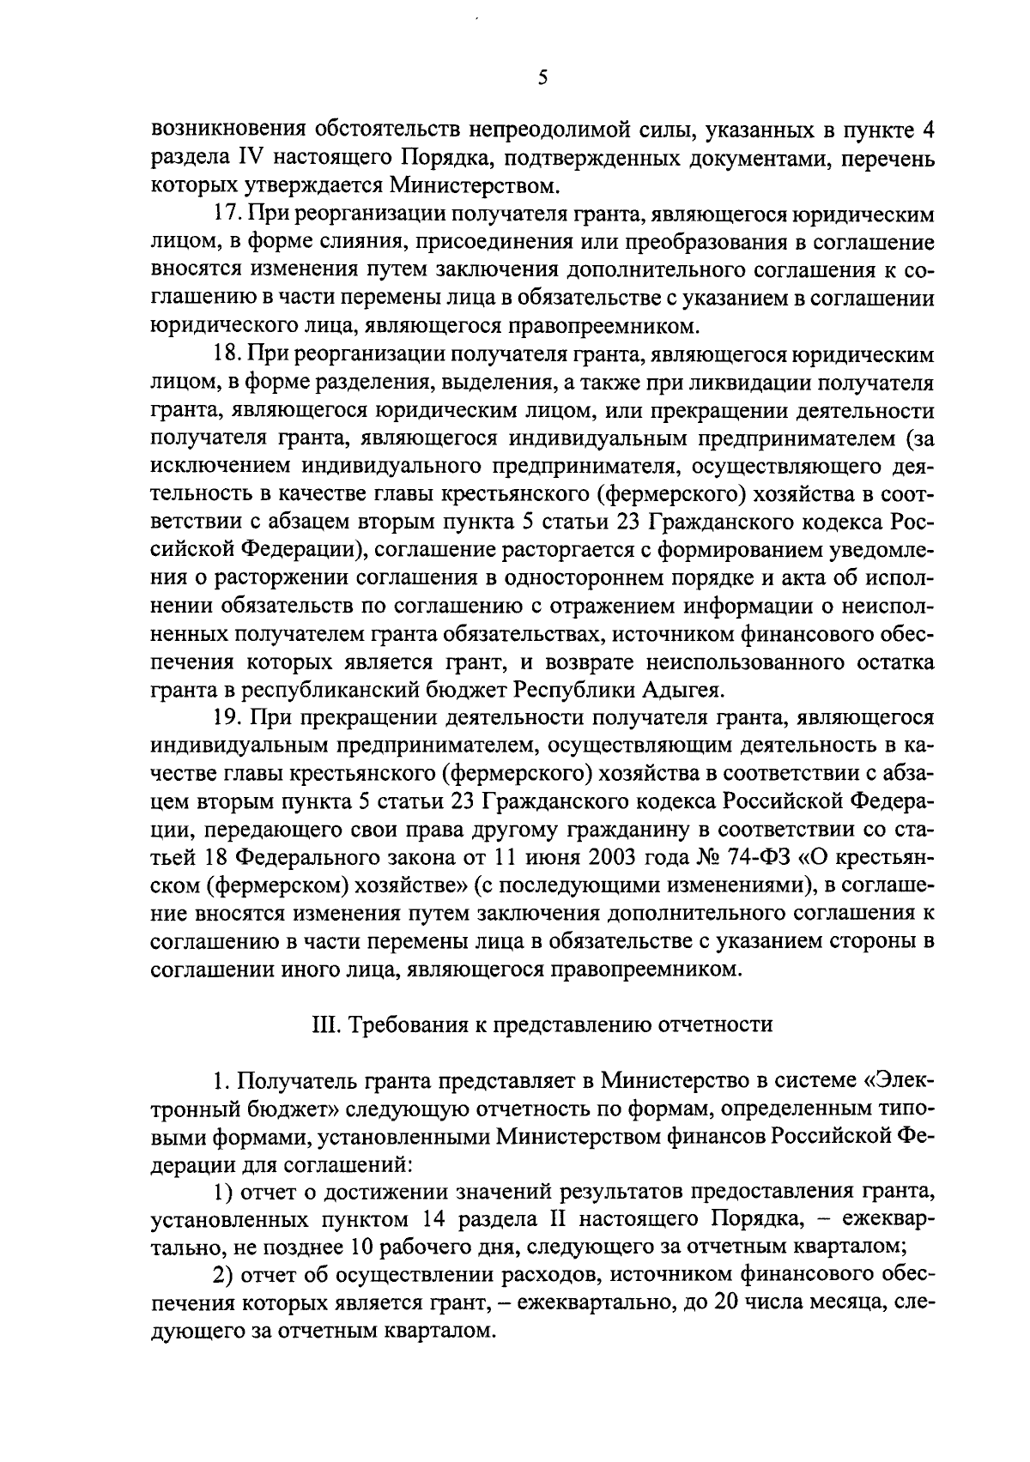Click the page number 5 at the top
click(x=542, y=78)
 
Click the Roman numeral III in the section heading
click(x=324, y=1024)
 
